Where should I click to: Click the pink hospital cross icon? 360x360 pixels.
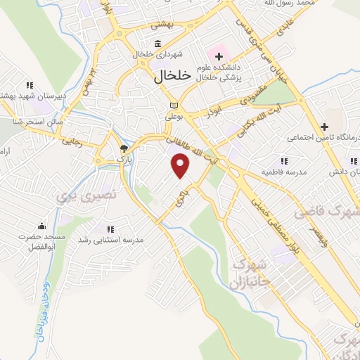pos(219,54)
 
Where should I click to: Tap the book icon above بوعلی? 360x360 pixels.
pos(173,105)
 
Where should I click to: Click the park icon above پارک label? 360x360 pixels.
pos(124,148)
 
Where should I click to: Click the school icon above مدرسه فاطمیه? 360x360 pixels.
pos(283,161)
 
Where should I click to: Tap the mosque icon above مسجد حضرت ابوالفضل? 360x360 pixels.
pos(41,226)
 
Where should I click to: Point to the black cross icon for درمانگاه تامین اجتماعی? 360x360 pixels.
pos(324,127)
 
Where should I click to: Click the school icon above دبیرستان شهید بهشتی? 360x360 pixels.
pos(30,84)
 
